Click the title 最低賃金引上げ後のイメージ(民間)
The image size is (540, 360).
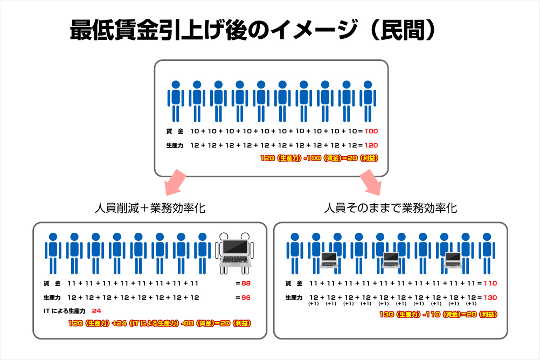(x=252, y=31)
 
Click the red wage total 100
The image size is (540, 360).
(x=372, y=131)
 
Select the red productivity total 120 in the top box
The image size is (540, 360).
(x=372, y=146)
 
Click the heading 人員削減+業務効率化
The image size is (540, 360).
(x=149, y=208)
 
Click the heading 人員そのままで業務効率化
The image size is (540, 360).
(x=391, y=208)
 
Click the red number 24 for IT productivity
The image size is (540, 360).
(x=97, y=311)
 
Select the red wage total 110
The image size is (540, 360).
(x=490, y=283)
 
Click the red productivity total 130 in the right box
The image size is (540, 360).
(x=490, y=297)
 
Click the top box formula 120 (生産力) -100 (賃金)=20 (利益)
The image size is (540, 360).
(x=319, y=158)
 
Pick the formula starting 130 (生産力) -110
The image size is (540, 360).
(x=438, y=315)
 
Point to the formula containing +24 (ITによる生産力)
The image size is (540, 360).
(x=160, y=323)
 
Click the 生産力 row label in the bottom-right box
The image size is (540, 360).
(x=293, y=297)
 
